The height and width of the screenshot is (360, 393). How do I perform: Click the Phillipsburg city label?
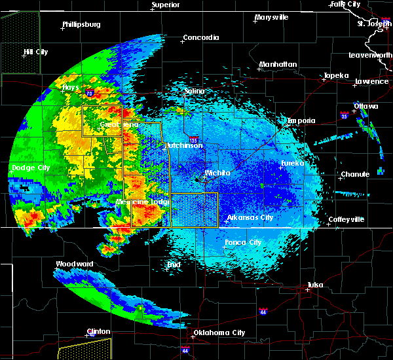pyautogui.click(x=81, y=25)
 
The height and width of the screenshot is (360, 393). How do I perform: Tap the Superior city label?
pyautogui.click(x=166, y=5)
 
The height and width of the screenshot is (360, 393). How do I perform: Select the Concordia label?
pyautogui.click(x=201, y=38)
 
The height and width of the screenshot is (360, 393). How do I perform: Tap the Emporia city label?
pyautogui.click(x=301, y=121)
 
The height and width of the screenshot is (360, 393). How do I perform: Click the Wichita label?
pyautogui.click(x=217, y=173)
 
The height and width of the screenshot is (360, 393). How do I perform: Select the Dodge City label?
pyautogui.click(x=31, y=168)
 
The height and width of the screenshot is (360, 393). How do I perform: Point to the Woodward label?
pyautogui.click(x=74, y=264)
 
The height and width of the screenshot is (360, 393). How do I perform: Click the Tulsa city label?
pyautogui.click(x=316, y=285)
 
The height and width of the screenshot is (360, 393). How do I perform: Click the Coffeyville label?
pyautogui.click(x=346, y=220)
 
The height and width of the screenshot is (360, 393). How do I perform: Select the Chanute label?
pyautogui.click(x=355, y=175)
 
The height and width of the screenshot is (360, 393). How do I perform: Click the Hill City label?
pyautogui.click(x=36, y=52)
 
